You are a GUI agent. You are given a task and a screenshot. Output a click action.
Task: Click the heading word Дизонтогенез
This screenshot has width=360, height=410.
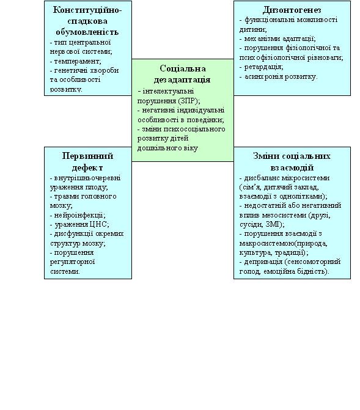coord(292,10)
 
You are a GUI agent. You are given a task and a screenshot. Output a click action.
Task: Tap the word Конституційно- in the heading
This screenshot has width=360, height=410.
coord(87,10)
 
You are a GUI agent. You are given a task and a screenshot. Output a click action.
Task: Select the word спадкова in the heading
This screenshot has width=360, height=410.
coord(87,21)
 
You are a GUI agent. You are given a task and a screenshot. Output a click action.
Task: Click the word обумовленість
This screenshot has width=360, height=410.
coord(87,32)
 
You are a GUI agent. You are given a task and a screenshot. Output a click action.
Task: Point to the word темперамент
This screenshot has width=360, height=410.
coord(76,62)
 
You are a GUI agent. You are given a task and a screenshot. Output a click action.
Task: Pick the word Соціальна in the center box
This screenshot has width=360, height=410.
coord(183,68)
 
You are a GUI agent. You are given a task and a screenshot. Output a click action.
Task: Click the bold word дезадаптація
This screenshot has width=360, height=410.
coord(182,80)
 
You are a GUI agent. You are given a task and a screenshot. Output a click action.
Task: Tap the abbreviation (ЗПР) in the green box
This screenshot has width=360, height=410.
coord(188,101)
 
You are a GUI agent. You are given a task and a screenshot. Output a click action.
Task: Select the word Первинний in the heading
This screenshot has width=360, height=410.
coord(87,156)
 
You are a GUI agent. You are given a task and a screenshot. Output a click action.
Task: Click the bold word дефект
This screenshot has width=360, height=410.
coord(87,167)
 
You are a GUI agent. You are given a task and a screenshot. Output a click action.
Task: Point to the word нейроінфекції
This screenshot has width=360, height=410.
coord(78,216)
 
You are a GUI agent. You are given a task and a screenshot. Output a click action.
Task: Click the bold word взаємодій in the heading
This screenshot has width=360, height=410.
coord(292,167)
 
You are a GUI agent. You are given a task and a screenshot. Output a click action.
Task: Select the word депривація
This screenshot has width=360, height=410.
coord(263,262)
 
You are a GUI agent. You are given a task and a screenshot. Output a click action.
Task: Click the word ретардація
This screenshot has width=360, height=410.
coord(263,67)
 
